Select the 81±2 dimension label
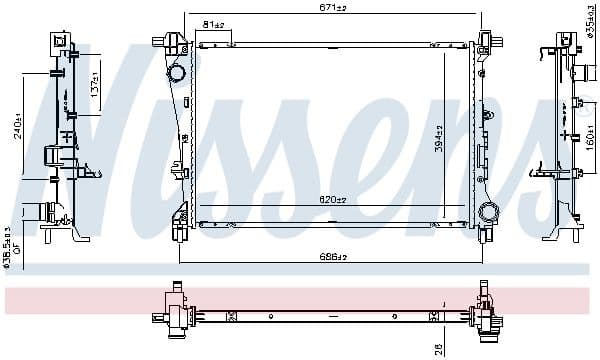(213, 24)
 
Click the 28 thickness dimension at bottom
(439, 349)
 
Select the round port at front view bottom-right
(488, 212)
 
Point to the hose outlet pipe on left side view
(38, 212)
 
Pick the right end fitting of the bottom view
(487, 315)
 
